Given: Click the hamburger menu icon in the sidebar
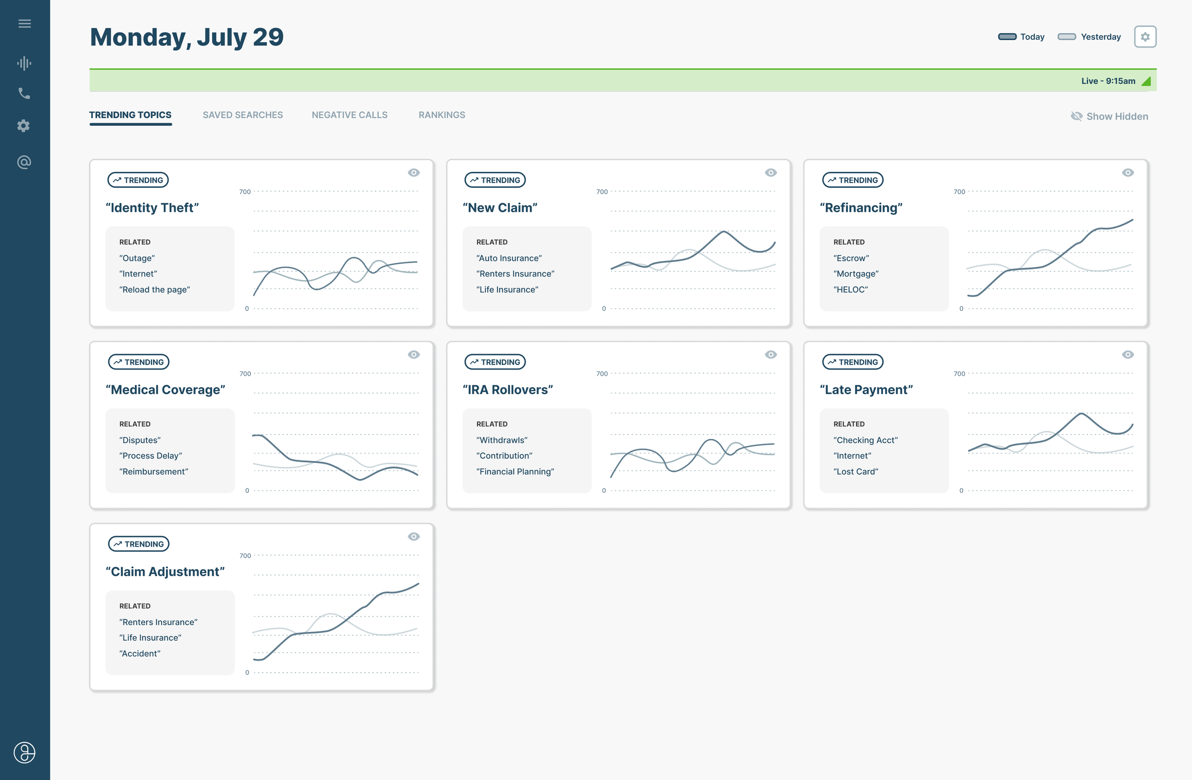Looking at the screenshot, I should [x=24, y=23].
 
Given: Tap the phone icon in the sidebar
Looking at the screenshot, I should [x=24, y=93].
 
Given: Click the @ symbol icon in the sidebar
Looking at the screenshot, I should [x=24, y=162].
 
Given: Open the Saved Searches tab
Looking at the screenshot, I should [x=242, y=114].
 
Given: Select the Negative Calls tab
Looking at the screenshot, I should [x=349, y=114].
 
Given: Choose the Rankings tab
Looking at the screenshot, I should [x=441, y=114].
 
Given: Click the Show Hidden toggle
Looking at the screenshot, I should [x=1110, y=116].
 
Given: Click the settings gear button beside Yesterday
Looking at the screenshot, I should [x=1144, y=37].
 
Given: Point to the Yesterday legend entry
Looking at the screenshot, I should [x=1089, y=37].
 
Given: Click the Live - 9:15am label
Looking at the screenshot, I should [x=1108, y=81].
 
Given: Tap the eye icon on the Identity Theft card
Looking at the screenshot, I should [x=413, y=172].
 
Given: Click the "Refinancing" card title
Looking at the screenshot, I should [x=861, y=208].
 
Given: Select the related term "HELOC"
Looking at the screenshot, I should [x=850, y=290].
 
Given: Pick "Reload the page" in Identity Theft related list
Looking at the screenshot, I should [x=154, y=290].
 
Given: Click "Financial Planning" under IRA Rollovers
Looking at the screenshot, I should [x=515, y=471].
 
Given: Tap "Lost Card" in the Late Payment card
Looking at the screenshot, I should [x=855, y=471].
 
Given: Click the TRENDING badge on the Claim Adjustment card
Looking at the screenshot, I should [x=139, y=543].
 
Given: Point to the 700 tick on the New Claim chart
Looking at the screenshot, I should [x=602, y=192].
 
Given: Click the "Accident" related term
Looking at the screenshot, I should [x=140, y=653].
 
